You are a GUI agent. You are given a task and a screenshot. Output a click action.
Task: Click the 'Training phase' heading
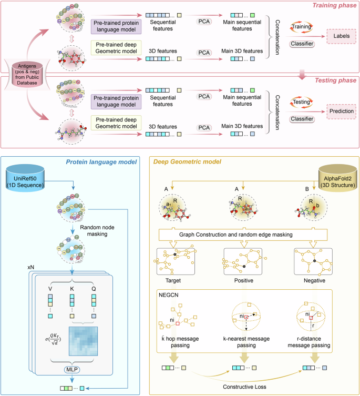pyautogui.click(x=330, y=5)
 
